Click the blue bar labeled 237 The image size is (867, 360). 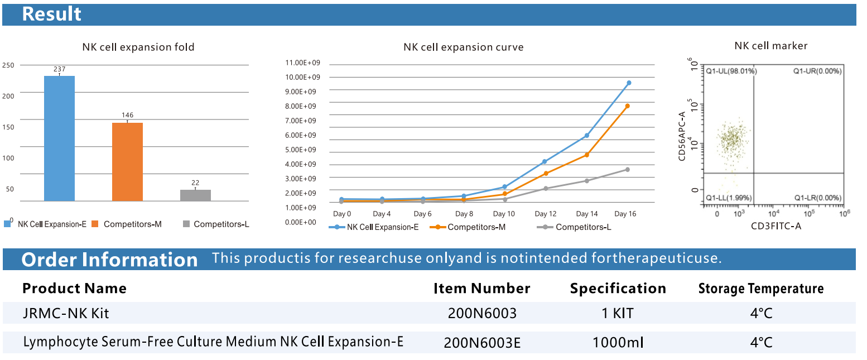tap(59, 138)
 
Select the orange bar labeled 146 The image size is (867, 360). tap(127, 161)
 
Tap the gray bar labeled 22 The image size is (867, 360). tap(195, 195)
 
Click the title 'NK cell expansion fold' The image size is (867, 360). tap(138, 47)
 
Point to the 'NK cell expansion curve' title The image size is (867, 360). tap(463, 47)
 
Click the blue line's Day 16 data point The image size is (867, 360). tap(629, 83)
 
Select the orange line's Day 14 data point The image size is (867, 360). tap(586, 155)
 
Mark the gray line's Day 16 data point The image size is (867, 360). tap(627, 169)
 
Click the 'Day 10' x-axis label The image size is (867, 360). tap(504, 214)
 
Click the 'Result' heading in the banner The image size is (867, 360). tap(52, 14)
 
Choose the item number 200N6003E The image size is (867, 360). tap(482, 342)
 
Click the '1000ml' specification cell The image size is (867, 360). tap(618, 342)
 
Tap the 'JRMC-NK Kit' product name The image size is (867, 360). tap(66, 313)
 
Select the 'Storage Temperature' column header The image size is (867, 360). tap(761, 289)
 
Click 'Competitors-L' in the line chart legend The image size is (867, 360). tap(583, 227)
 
